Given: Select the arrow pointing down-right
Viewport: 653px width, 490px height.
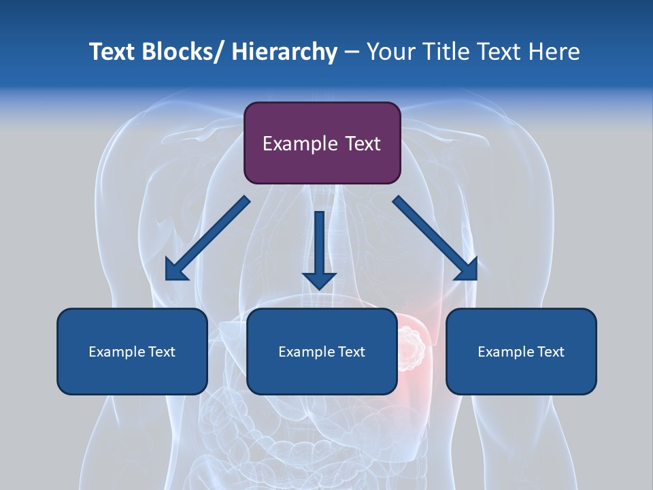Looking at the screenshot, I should [435, 238].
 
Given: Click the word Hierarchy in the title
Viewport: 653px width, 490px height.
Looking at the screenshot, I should [284, 52].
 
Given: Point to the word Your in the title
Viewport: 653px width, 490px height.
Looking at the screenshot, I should [390, 52].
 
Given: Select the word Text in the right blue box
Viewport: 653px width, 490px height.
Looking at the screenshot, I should [550, 352].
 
